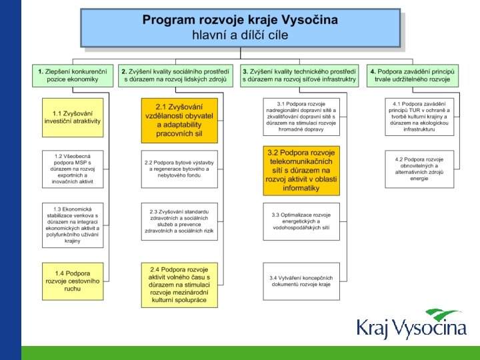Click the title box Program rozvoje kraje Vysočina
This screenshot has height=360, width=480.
(x=240, y=27)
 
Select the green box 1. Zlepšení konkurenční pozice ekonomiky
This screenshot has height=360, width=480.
(x=68, y=75)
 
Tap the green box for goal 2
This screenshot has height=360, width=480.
(x=175, y=75)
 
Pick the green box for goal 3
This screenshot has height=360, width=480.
(x=299, y=75)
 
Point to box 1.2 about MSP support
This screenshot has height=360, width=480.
(x=73, y=169)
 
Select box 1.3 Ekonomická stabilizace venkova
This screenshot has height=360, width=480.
(x=73, y=224)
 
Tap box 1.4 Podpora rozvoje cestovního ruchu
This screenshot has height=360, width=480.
(x=73, y=281)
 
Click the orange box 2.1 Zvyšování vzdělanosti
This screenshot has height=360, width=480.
(x=179, y=120)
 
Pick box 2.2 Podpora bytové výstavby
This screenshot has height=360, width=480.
(x=179, y=169)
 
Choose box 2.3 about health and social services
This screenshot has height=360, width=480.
(x=179, y=221)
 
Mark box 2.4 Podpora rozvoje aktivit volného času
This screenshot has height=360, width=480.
(x=179, y=285)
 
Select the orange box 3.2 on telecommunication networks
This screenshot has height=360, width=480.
(x=301, y=171)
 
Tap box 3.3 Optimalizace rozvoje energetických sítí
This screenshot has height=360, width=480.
(x=301, y=221)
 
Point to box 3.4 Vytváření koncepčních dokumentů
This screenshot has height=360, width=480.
(x=301, y=281)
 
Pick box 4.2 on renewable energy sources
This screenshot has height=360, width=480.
(x=419, y=169)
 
